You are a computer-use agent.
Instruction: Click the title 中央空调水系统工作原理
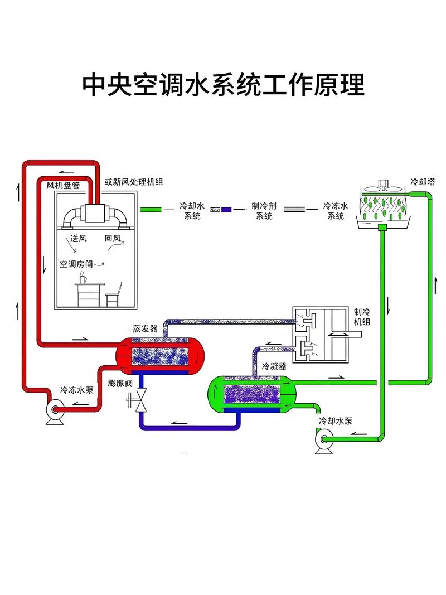pos(223,85)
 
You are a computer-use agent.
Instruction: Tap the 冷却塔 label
pos(423,182)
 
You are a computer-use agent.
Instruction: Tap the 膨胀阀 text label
pos(120,384)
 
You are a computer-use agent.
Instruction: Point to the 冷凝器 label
pos(274,366)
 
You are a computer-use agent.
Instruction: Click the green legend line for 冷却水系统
pos(151,210)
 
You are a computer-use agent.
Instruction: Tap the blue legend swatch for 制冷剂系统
pos(226,210)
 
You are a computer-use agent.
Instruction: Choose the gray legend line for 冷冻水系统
pos(295,210)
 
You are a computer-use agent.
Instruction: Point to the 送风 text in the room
pos(79,239)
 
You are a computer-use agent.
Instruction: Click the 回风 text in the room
pos(113,239)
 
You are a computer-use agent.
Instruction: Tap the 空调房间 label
pos(77,264)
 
